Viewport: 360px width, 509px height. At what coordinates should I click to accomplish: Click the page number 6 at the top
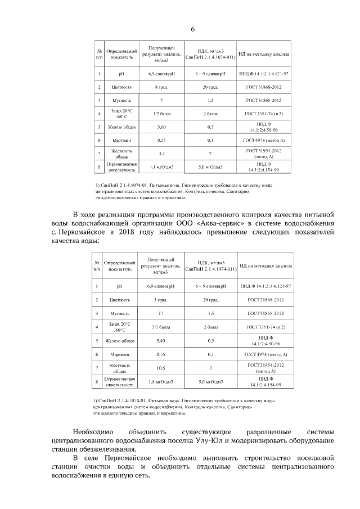pyautogui.click(x=193, y=30)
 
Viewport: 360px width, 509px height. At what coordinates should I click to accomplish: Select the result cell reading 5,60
pyautogui.click(x=161, y=128)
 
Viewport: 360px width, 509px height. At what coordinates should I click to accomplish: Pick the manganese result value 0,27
pyautogui.click(x=161, y=140)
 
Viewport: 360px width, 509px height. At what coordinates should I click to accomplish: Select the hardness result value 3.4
pyautogui.click(x=161, y=153)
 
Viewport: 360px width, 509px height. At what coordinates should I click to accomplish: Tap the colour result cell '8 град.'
pyautogui.click(x=161, y=88)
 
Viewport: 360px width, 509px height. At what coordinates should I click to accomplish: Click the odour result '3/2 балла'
pyautogui.click(x=161, y=114)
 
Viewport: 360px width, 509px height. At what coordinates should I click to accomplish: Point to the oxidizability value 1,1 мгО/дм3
pyautogui.click(x=161, y=167)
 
